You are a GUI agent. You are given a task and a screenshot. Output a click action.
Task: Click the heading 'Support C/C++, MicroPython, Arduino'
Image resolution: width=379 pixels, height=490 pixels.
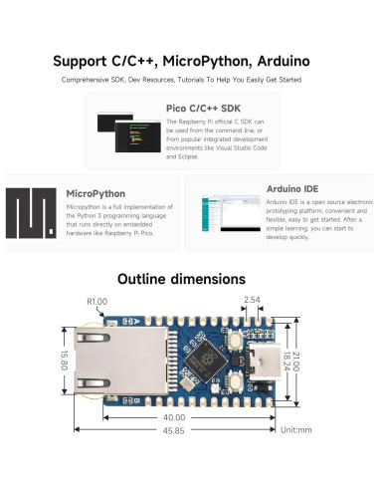[189, 60]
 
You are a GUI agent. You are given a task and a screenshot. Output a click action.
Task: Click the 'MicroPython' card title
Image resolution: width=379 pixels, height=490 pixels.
[95, 193]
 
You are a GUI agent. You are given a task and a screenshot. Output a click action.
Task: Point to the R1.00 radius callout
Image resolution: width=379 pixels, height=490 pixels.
[96, 301]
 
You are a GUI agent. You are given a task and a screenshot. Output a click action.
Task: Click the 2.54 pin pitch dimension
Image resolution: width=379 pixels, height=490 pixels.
[252, 299]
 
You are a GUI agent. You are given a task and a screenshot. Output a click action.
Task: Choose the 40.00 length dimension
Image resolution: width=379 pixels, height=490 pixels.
[175, 417]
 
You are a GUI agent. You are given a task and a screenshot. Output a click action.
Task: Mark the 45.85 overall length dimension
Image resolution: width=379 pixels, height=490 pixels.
[175, 430]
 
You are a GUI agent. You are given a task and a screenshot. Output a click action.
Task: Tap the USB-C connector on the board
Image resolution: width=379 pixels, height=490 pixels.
[266, 364]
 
